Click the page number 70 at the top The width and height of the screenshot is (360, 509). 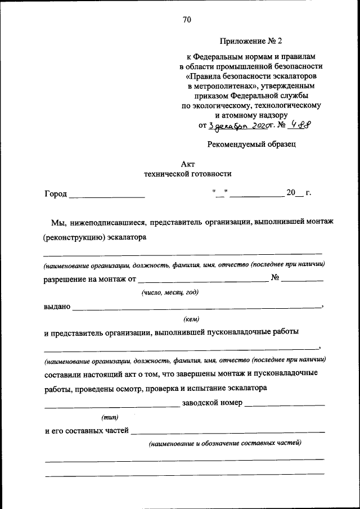tap(187, 20)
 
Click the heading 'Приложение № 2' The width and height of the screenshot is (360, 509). tap(250, 41)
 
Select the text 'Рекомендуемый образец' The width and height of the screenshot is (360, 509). tap(251, 144)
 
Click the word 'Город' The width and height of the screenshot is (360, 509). tap(56, 194)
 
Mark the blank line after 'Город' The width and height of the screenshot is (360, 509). tap(107, 196)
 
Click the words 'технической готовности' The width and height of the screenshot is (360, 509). tap(187, 174)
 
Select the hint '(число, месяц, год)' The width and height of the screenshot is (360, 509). tap(170, 292)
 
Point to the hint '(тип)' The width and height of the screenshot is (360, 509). tap(109, 417)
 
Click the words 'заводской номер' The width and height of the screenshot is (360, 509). tap(212, 403)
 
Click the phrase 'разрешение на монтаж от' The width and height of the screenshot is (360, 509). tap(90, 278)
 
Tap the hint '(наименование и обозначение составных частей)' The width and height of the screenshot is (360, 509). tap(225, 443)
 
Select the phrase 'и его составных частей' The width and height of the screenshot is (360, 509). tap(87, 431)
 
